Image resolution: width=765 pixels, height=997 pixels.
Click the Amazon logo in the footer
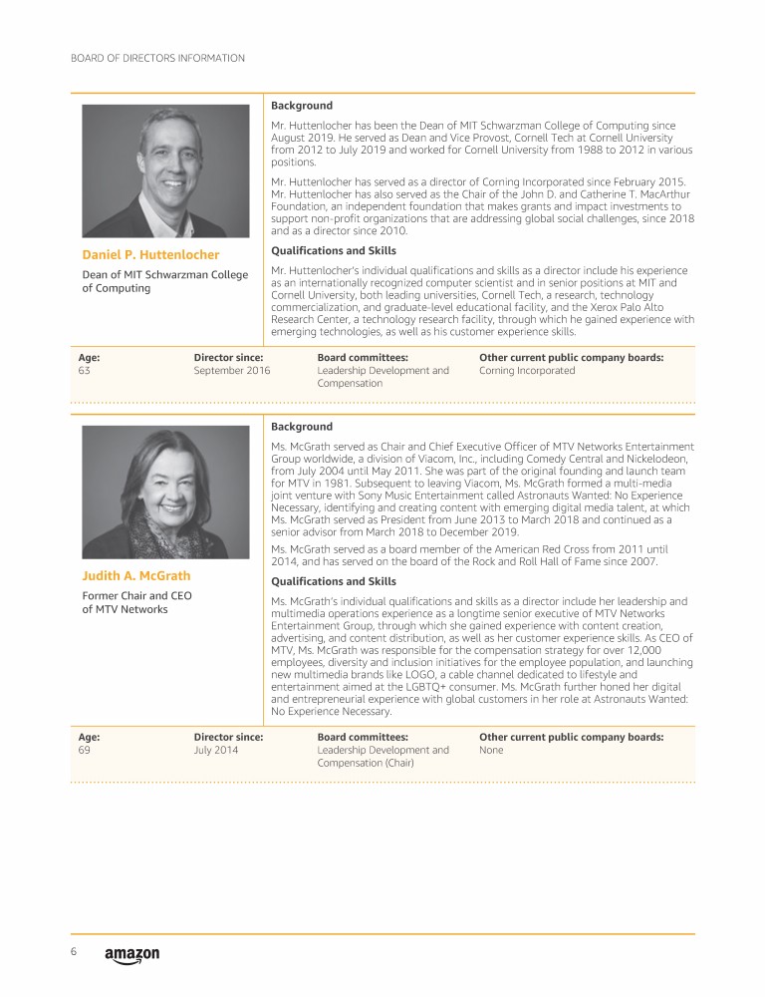coord(131,955)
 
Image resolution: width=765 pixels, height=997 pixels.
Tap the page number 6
coord(74,952)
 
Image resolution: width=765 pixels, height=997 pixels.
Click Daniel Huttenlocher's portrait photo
coord(165,171)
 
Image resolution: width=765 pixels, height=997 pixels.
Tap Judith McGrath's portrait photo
coord(165,493)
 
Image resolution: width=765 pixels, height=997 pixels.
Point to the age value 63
coord(85,370)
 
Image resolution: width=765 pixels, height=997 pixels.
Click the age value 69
coord(85,750)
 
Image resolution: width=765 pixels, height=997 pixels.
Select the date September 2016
coord(232,370)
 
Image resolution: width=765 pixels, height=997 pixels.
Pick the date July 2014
coord(216,750)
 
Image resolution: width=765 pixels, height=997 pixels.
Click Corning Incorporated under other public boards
coord(527,370)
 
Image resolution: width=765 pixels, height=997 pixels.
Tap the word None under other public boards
coord(491,750)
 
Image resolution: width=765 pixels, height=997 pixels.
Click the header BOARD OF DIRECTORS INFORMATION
coord(157,59)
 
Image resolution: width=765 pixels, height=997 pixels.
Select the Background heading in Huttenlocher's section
coord(302,106)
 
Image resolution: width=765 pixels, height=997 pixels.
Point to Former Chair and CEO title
coord(136,596)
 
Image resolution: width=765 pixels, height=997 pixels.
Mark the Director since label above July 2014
coord(228,737)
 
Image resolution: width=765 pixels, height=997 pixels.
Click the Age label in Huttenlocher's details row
coord(89,357)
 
